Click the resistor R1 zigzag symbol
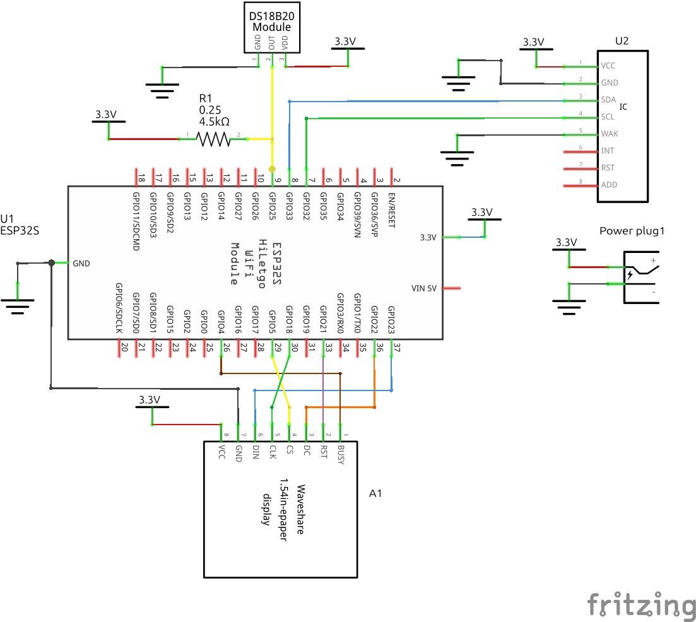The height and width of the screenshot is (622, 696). [214, 139]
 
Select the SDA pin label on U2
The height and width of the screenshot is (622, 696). [609, 100]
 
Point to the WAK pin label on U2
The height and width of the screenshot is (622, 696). [610, 134]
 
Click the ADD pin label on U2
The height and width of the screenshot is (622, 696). [610, 185]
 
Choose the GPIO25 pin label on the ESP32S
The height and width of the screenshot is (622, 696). [272, 206]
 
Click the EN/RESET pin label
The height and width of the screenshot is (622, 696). [391, 210]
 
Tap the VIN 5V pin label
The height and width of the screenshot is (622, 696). [424, 288]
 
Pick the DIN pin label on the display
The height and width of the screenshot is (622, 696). [256, 452]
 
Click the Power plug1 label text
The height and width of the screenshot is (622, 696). [632, 231]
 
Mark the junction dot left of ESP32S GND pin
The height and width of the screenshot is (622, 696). [51, 262]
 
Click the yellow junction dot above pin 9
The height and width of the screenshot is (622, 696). [272, 169]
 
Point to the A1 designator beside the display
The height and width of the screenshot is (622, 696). [375, 493]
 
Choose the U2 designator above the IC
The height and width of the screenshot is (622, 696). [622, 41]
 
